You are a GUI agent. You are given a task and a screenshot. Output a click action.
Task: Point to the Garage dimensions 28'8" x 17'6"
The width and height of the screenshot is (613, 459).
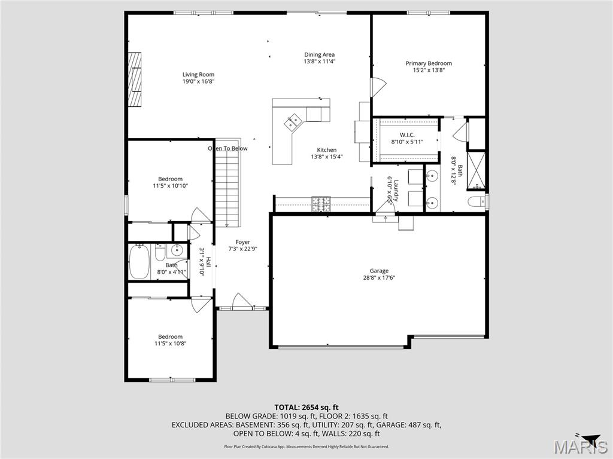point(379,277)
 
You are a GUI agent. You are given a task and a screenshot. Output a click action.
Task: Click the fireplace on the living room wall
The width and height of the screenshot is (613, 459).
point(135,79)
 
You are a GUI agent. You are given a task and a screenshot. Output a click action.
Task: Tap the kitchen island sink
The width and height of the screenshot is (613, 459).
point(293,123)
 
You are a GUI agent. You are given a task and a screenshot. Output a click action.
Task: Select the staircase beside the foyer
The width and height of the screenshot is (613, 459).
point(227,187)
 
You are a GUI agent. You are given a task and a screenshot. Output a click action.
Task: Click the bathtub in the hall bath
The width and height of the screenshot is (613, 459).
point(139,262)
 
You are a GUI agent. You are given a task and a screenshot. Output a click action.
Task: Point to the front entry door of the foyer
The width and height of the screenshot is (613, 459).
point(242,301)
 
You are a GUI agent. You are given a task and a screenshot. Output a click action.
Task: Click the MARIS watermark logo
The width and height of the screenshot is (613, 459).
point(578,446)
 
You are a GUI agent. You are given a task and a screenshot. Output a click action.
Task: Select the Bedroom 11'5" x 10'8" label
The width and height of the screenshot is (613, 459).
point(170,339)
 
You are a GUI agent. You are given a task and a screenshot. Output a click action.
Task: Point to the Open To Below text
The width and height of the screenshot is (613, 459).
point(227,148)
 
